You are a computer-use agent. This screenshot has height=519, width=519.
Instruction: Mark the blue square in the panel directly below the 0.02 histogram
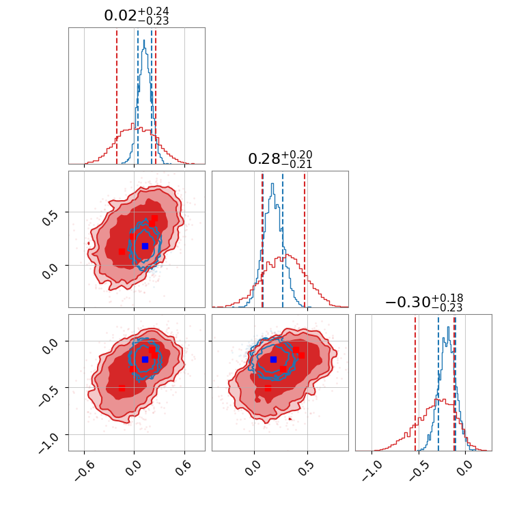pyautogui.click(x=145, y=246)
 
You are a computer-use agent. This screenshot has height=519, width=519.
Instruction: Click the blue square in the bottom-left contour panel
pyautogui.click(x=145, y=359)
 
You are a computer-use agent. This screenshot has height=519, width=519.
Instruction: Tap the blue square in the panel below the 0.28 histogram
pyautogui.click(x=273, y=359)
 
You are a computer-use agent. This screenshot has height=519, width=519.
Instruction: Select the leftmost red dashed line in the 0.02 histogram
pyautogui.click(x=117, y=96)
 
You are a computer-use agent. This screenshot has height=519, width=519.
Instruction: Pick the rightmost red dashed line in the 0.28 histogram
pyautogui.click(x=305, y=239)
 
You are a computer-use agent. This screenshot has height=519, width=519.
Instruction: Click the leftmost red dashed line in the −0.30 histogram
pyautogui.click(x=415, y=382)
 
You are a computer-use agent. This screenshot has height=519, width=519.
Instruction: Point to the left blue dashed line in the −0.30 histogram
pyautogui.click(x=438, y=382)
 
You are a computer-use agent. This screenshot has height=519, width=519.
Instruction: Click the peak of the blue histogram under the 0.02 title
pyautogui.click(x=143, y=41)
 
